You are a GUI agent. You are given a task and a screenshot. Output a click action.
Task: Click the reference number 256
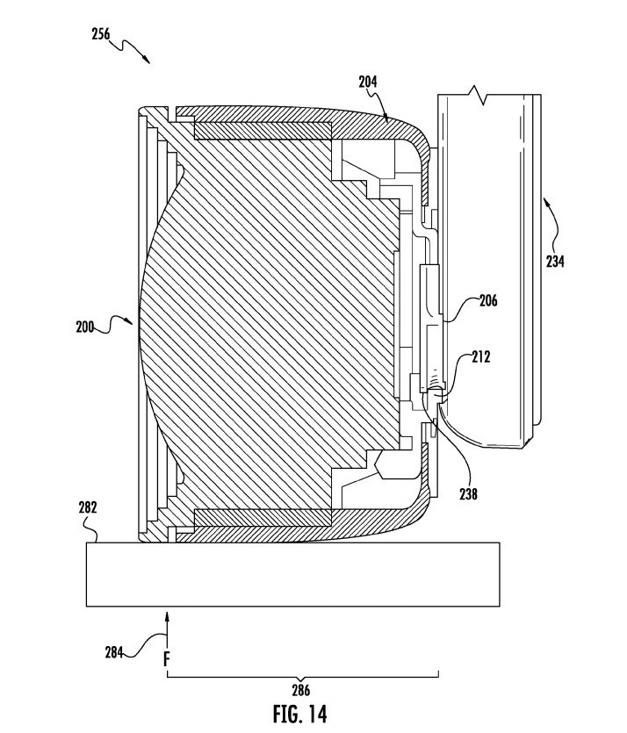coord(100,34)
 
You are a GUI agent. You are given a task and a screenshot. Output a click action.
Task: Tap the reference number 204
coord(368,82)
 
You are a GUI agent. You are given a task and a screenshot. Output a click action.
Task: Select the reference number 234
coord(555,262)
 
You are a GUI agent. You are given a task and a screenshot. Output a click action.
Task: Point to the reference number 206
coord(488,300)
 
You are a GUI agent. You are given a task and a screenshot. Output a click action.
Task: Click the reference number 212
coord(481,357)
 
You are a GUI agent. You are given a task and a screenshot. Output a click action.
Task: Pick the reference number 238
coord(468,493)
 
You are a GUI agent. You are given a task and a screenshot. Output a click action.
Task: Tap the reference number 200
coord(85,327)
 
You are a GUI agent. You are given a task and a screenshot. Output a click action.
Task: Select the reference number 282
coord(88,507)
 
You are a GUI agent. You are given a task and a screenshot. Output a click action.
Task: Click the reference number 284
coord(114,652)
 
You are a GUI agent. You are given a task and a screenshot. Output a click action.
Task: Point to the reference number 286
coord(300,690)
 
